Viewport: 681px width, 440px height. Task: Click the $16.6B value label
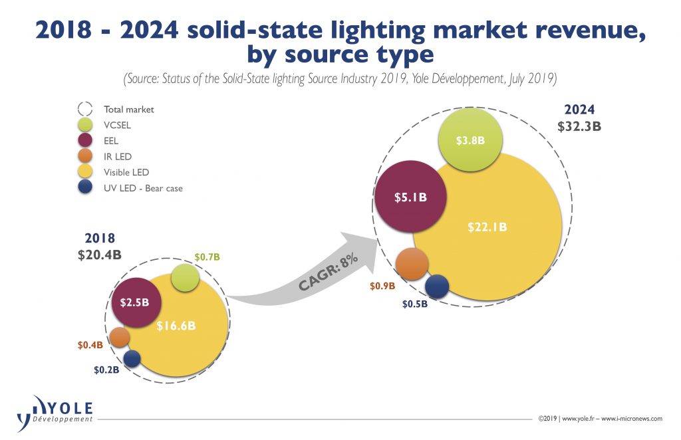[176, 326]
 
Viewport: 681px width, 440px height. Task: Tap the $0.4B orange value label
[90, 344]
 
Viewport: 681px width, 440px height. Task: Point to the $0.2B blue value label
[105, 370]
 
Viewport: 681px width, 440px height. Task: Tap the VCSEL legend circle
[85, 124]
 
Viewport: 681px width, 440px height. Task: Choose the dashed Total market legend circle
[85, 109]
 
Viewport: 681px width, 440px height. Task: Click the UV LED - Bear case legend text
[142, 188]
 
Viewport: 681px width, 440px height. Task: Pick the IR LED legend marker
[85, 156]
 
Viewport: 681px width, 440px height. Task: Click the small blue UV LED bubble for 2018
[132, 359]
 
